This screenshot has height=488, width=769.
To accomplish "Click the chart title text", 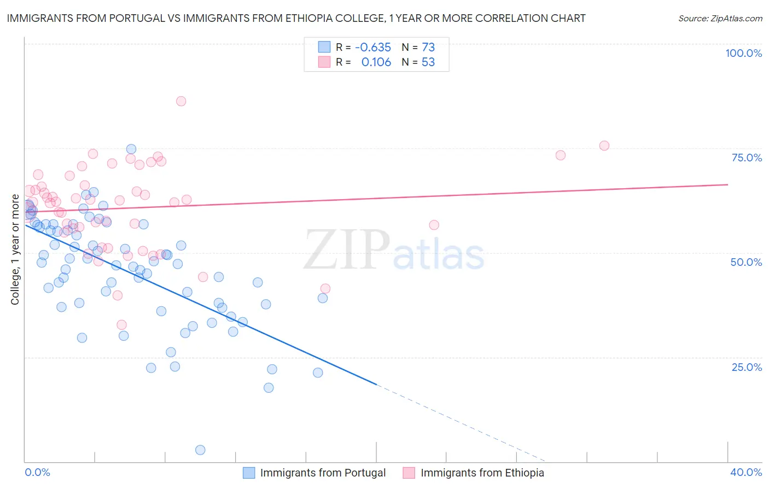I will coord(296,18).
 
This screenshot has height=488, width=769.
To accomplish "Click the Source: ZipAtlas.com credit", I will coord(720,18).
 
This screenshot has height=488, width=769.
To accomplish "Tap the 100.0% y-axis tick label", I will coord(743,53).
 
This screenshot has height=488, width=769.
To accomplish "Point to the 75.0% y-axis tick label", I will coord(747,158).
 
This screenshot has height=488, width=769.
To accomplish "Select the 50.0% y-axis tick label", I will coord(746,262).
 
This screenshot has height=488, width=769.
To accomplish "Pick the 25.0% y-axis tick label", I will coord(747,367).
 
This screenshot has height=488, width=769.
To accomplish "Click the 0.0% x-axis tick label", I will coord(37,472).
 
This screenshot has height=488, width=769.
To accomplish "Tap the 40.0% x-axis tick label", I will coord(746,472).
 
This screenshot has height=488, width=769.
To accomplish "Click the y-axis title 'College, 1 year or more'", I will coord(15,249).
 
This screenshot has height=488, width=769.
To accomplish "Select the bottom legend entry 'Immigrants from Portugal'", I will coord(323,473).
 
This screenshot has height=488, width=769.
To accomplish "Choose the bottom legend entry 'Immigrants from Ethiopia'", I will coord(482,473).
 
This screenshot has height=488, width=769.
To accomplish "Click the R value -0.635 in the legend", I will coord(373,47).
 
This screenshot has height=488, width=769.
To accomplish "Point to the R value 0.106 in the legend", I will coord(376,62).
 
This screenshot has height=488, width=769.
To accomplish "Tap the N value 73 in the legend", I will coord(428,47).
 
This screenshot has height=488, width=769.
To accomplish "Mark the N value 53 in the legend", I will coord(428,62).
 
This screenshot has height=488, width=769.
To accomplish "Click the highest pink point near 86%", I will coord(181,101).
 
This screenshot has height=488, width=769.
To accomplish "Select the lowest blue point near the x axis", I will coord(200,450).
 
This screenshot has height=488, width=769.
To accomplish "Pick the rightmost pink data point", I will coord(604,146).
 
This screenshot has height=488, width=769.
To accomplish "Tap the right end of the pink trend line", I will coord(727,185).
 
